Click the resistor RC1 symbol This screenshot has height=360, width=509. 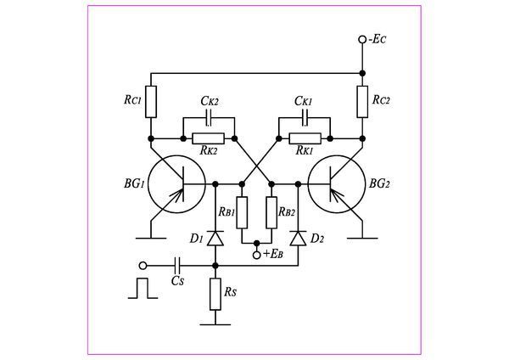pos(151,100)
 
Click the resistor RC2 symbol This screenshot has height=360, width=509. pos(361,100)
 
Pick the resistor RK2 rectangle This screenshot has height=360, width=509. pos(208,138)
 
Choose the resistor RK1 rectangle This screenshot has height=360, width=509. pos(305,138)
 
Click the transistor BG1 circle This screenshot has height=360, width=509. pos(176,184)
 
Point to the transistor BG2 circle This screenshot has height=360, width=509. pos(336,184)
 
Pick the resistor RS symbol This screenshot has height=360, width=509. pos(215,296)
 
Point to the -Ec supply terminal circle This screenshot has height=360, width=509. pos(362,40)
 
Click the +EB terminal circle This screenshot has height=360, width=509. pos(257,254)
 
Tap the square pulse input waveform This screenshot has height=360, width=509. pos(142,288)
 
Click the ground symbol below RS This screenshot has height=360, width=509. pos(215,323)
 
